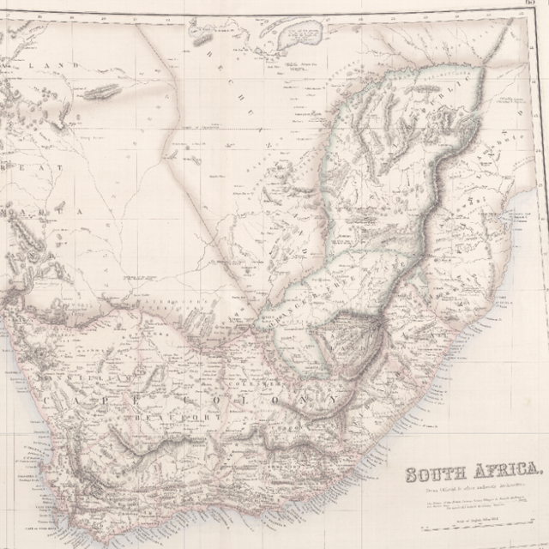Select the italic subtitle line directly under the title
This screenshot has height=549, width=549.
[x=470, y=487]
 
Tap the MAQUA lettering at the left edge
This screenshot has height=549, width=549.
[x=39, y=210]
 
